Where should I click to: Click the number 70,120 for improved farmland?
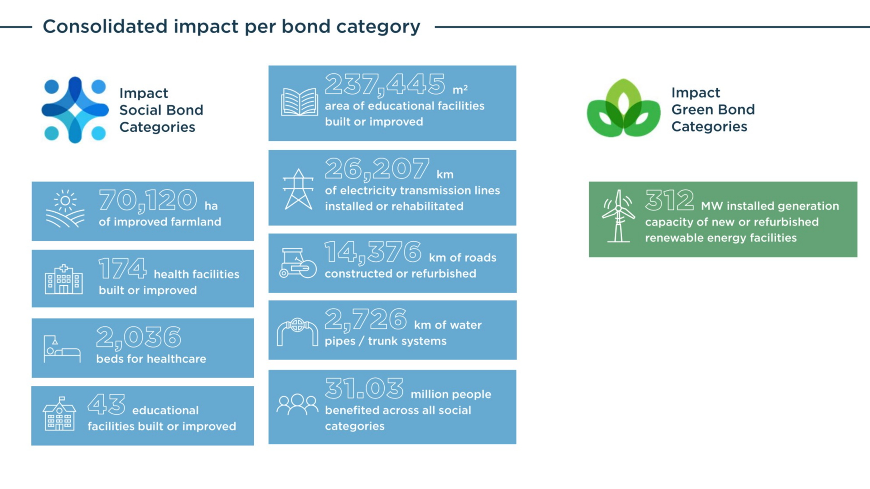tap(148, 201)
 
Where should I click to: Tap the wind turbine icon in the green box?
tap(618, 216)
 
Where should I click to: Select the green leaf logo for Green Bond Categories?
tap(623, 109)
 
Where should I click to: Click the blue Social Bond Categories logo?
tap(75, 110)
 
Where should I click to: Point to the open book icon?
tap(299, 102)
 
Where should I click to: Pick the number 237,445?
tap(385, 84)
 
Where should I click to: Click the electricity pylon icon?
tap(298, 189)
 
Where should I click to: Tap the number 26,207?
tap(377, 169)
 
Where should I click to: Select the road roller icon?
tap(298, 263)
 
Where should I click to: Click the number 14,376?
tap(372, 252)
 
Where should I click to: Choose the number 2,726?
tap(366, 319)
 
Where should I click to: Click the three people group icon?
tap(297, 404)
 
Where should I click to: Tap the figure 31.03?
tap(364, 389)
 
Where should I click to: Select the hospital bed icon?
tap(62, 349)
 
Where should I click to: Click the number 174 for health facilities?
tap(122, 268)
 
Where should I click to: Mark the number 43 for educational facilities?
tap(106, 404)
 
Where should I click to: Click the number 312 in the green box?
tap(669, 200)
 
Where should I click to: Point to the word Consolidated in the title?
tap(105, 26)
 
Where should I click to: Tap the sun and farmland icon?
tap(65, 209)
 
